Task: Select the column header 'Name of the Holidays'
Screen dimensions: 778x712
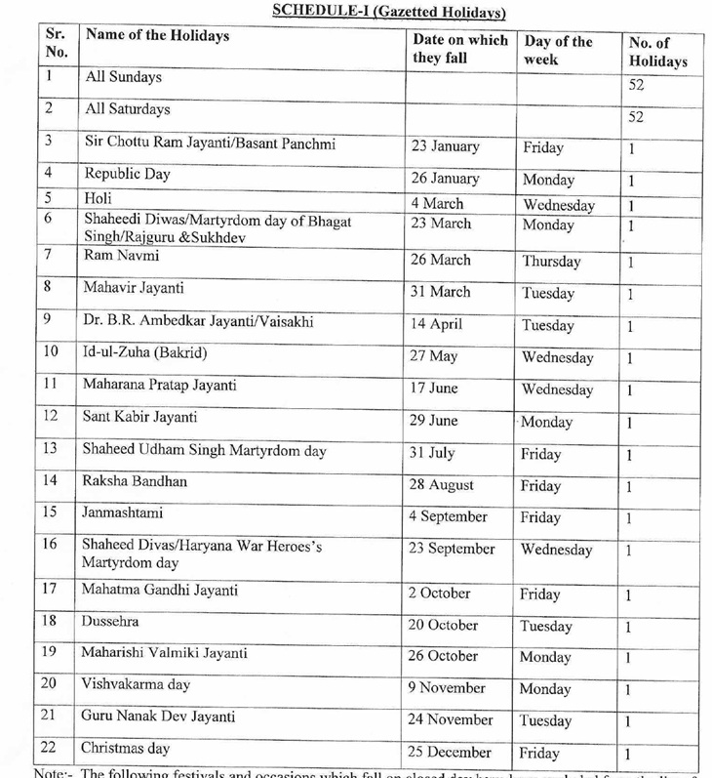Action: (x=157, y=36)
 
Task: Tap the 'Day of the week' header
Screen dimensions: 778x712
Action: (x=558, y=51)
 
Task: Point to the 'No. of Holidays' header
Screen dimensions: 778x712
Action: (x=657, y=53)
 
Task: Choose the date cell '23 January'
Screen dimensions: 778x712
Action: (x=446, y=147)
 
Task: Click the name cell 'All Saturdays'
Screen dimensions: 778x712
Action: (x=128, y=109)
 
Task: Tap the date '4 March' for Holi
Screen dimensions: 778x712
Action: (x=437, y=204)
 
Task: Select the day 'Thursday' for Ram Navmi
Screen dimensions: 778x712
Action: (x=551, y=262)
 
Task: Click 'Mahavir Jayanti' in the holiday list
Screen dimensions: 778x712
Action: (x=135, y=288)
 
